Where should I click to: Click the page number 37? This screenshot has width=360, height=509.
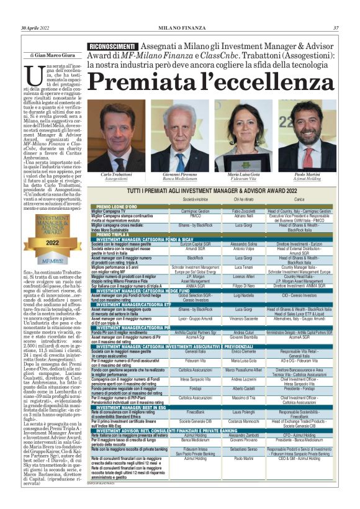[336, 28]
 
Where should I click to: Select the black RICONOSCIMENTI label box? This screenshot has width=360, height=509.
[112, 47]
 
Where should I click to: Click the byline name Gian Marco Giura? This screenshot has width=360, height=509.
[52, 55]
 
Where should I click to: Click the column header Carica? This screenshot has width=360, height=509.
[304, 198]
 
